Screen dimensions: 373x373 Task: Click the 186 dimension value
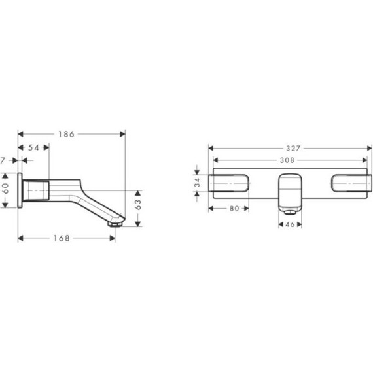coord(66,134)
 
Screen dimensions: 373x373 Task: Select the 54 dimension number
coord(33,148)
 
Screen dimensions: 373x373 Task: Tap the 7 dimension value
coord(3,160)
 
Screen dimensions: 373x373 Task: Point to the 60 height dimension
coord(6,188)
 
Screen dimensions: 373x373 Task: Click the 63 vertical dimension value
coord(138,205)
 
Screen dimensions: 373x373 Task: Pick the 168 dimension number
coord(62,238)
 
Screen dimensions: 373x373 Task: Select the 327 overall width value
coord(293,149)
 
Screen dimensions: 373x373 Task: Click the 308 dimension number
coord(287,160)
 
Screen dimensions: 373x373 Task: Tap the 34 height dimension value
coord(198,183)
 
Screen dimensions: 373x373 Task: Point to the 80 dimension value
coord(234,209)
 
